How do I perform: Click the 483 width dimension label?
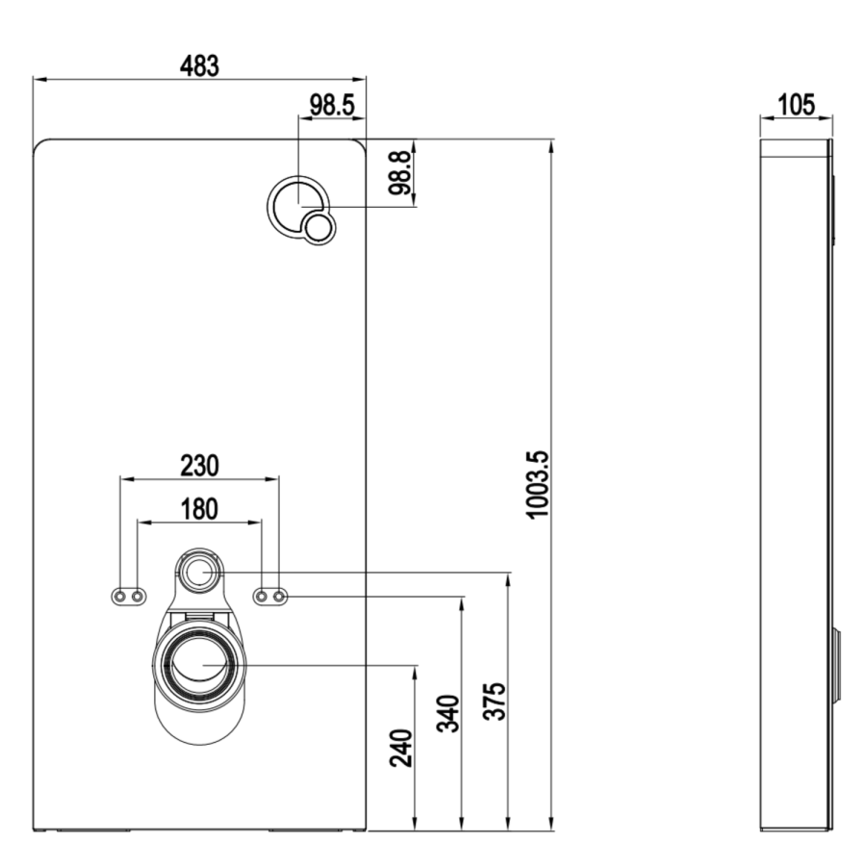[200, 65]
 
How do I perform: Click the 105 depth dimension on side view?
[796, 104]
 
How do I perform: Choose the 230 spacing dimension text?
[199, 465]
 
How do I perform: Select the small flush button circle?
[318, 228]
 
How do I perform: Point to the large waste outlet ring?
[200, 664]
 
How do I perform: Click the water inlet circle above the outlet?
[200, 573]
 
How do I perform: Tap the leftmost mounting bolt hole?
[119, 598]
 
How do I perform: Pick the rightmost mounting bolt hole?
[279, 598]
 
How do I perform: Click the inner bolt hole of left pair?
[138, 598]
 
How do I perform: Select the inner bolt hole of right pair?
[261, 598]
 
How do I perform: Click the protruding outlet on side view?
[837, 665]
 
